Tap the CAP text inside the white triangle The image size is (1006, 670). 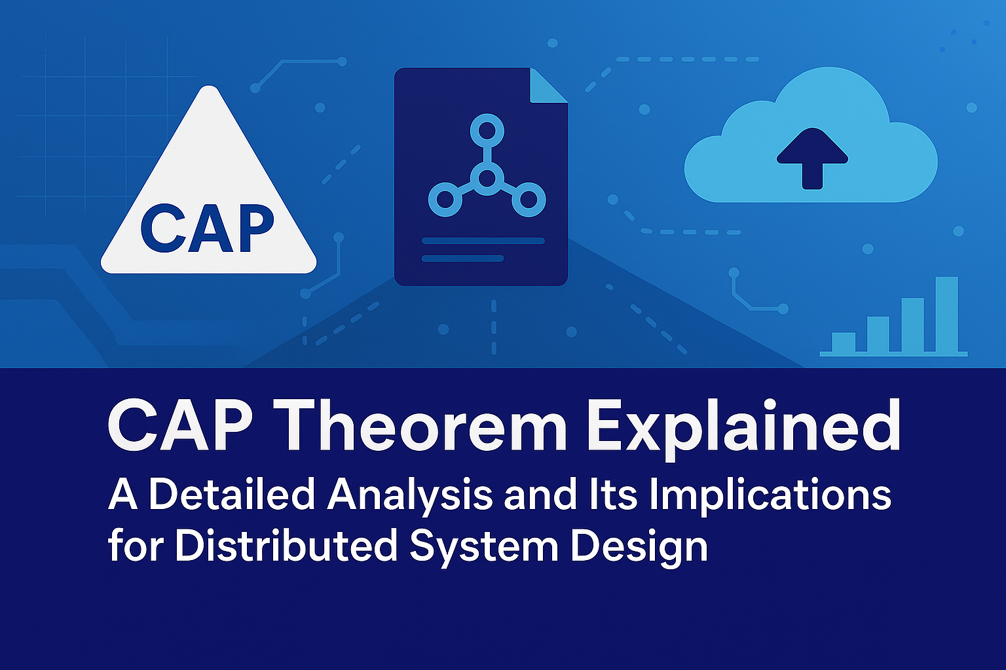[x=207, y=229]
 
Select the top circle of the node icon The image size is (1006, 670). [x=487, y=131]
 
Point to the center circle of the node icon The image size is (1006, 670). [x=487, y=178]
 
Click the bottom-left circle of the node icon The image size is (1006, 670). [x=445, y=200]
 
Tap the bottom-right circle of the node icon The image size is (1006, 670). [x=529, y=200]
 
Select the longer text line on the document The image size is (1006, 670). [x=483, y=241]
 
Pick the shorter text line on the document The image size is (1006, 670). [x=462, y=258]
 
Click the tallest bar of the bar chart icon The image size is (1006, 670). [x=946, y=314]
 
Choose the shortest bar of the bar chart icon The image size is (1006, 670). [x=844, y=342]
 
